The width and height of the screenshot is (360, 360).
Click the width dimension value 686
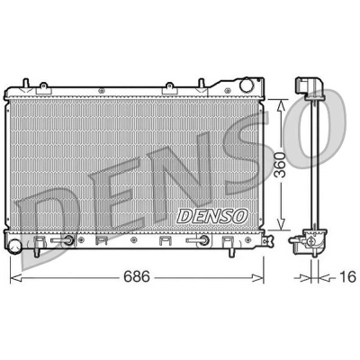pos(137,276)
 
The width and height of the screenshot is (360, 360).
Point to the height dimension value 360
pos(280,165)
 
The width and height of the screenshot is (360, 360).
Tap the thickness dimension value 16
pos(348,276)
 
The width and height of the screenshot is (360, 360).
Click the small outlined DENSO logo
pos(212,216)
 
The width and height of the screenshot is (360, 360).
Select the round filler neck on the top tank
pos(247,85)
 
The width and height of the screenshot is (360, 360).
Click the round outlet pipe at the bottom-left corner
pos(14,247)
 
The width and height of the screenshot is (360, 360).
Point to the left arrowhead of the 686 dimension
pos(16,278)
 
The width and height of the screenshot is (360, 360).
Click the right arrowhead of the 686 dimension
pos(257,278)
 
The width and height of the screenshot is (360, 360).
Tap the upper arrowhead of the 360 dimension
pos(280,106)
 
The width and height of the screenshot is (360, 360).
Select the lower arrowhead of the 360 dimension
pos(280,224)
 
